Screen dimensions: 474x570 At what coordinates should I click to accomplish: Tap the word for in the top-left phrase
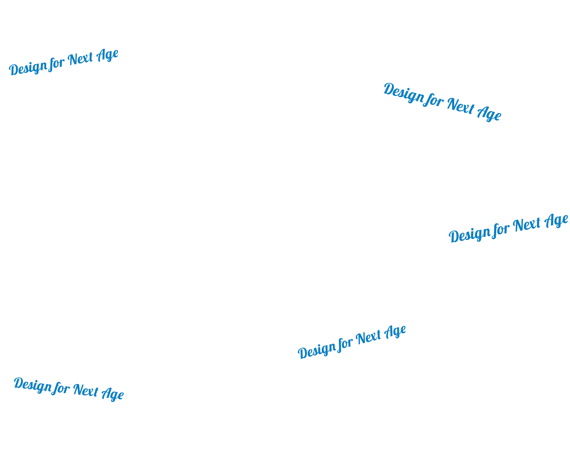pyautogui.click(x=57, y=63)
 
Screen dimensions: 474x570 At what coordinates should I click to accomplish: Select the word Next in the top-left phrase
pyautogui.click(x=81, y=59)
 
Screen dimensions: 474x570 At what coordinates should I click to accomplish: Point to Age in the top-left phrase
pyautogui.click(x=107, y=55)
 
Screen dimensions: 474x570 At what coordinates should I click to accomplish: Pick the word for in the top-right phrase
pyautogui.click(x=433, y=100)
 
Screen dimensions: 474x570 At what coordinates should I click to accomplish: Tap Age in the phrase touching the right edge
pyautogui.click(x=556, y=221)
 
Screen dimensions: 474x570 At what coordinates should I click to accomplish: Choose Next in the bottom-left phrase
pyautogui.click(x=86, y=390)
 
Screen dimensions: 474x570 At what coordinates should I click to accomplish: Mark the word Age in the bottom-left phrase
pyautogui.click(x=113, y=394)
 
